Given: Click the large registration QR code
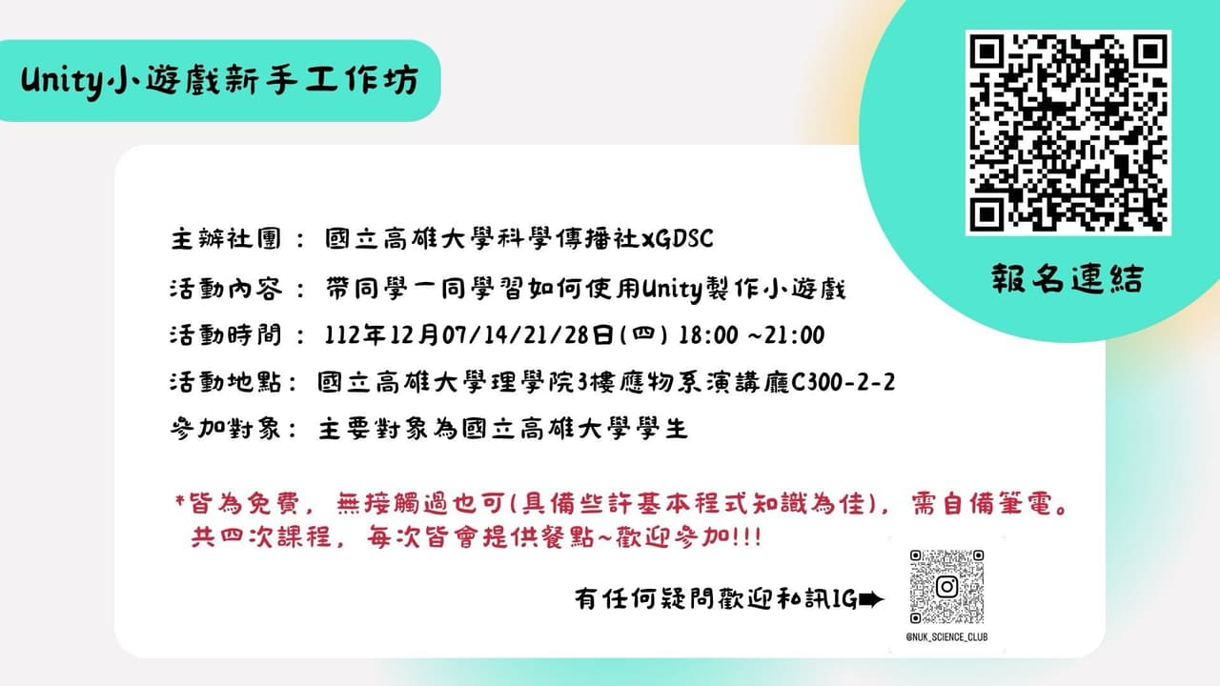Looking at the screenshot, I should point(1067,132).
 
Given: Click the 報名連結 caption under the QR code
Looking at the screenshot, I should point(1066,279).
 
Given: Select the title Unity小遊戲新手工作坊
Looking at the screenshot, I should point(220,82).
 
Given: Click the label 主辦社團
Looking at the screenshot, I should point(225,238).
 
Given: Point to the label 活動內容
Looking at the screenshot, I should point(225,289).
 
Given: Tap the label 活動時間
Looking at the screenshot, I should point(225,335).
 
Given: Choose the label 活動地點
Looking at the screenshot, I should point(225,383).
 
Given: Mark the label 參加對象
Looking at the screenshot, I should point(225,429).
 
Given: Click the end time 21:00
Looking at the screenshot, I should point(794,335).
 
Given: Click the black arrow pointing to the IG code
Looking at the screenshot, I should point(871,599).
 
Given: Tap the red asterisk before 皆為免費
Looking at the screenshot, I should point(180,500).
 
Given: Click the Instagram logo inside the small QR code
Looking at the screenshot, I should point(945,586).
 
